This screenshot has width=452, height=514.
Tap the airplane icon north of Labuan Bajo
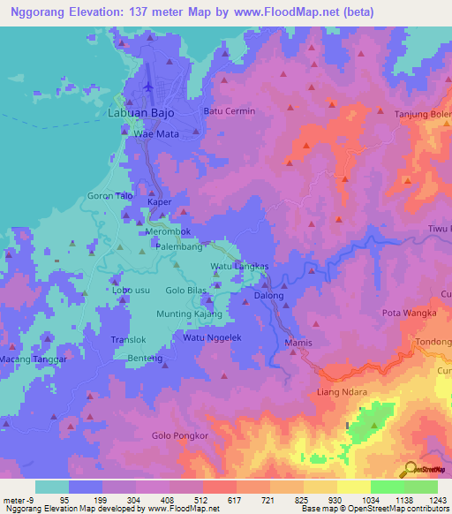(148, 87)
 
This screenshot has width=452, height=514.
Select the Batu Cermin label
(230, 111)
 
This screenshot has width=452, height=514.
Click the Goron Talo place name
(110, 196)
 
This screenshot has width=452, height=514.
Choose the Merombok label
(167, 231)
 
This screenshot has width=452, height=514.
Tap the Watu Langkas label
(238, 266)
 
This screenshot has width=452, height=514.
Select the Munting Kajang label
(189, 314)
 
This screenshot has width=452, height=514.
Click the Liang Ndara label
(342, 391)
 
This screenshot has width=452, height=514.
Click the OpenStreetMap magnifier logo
(410, 470)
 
